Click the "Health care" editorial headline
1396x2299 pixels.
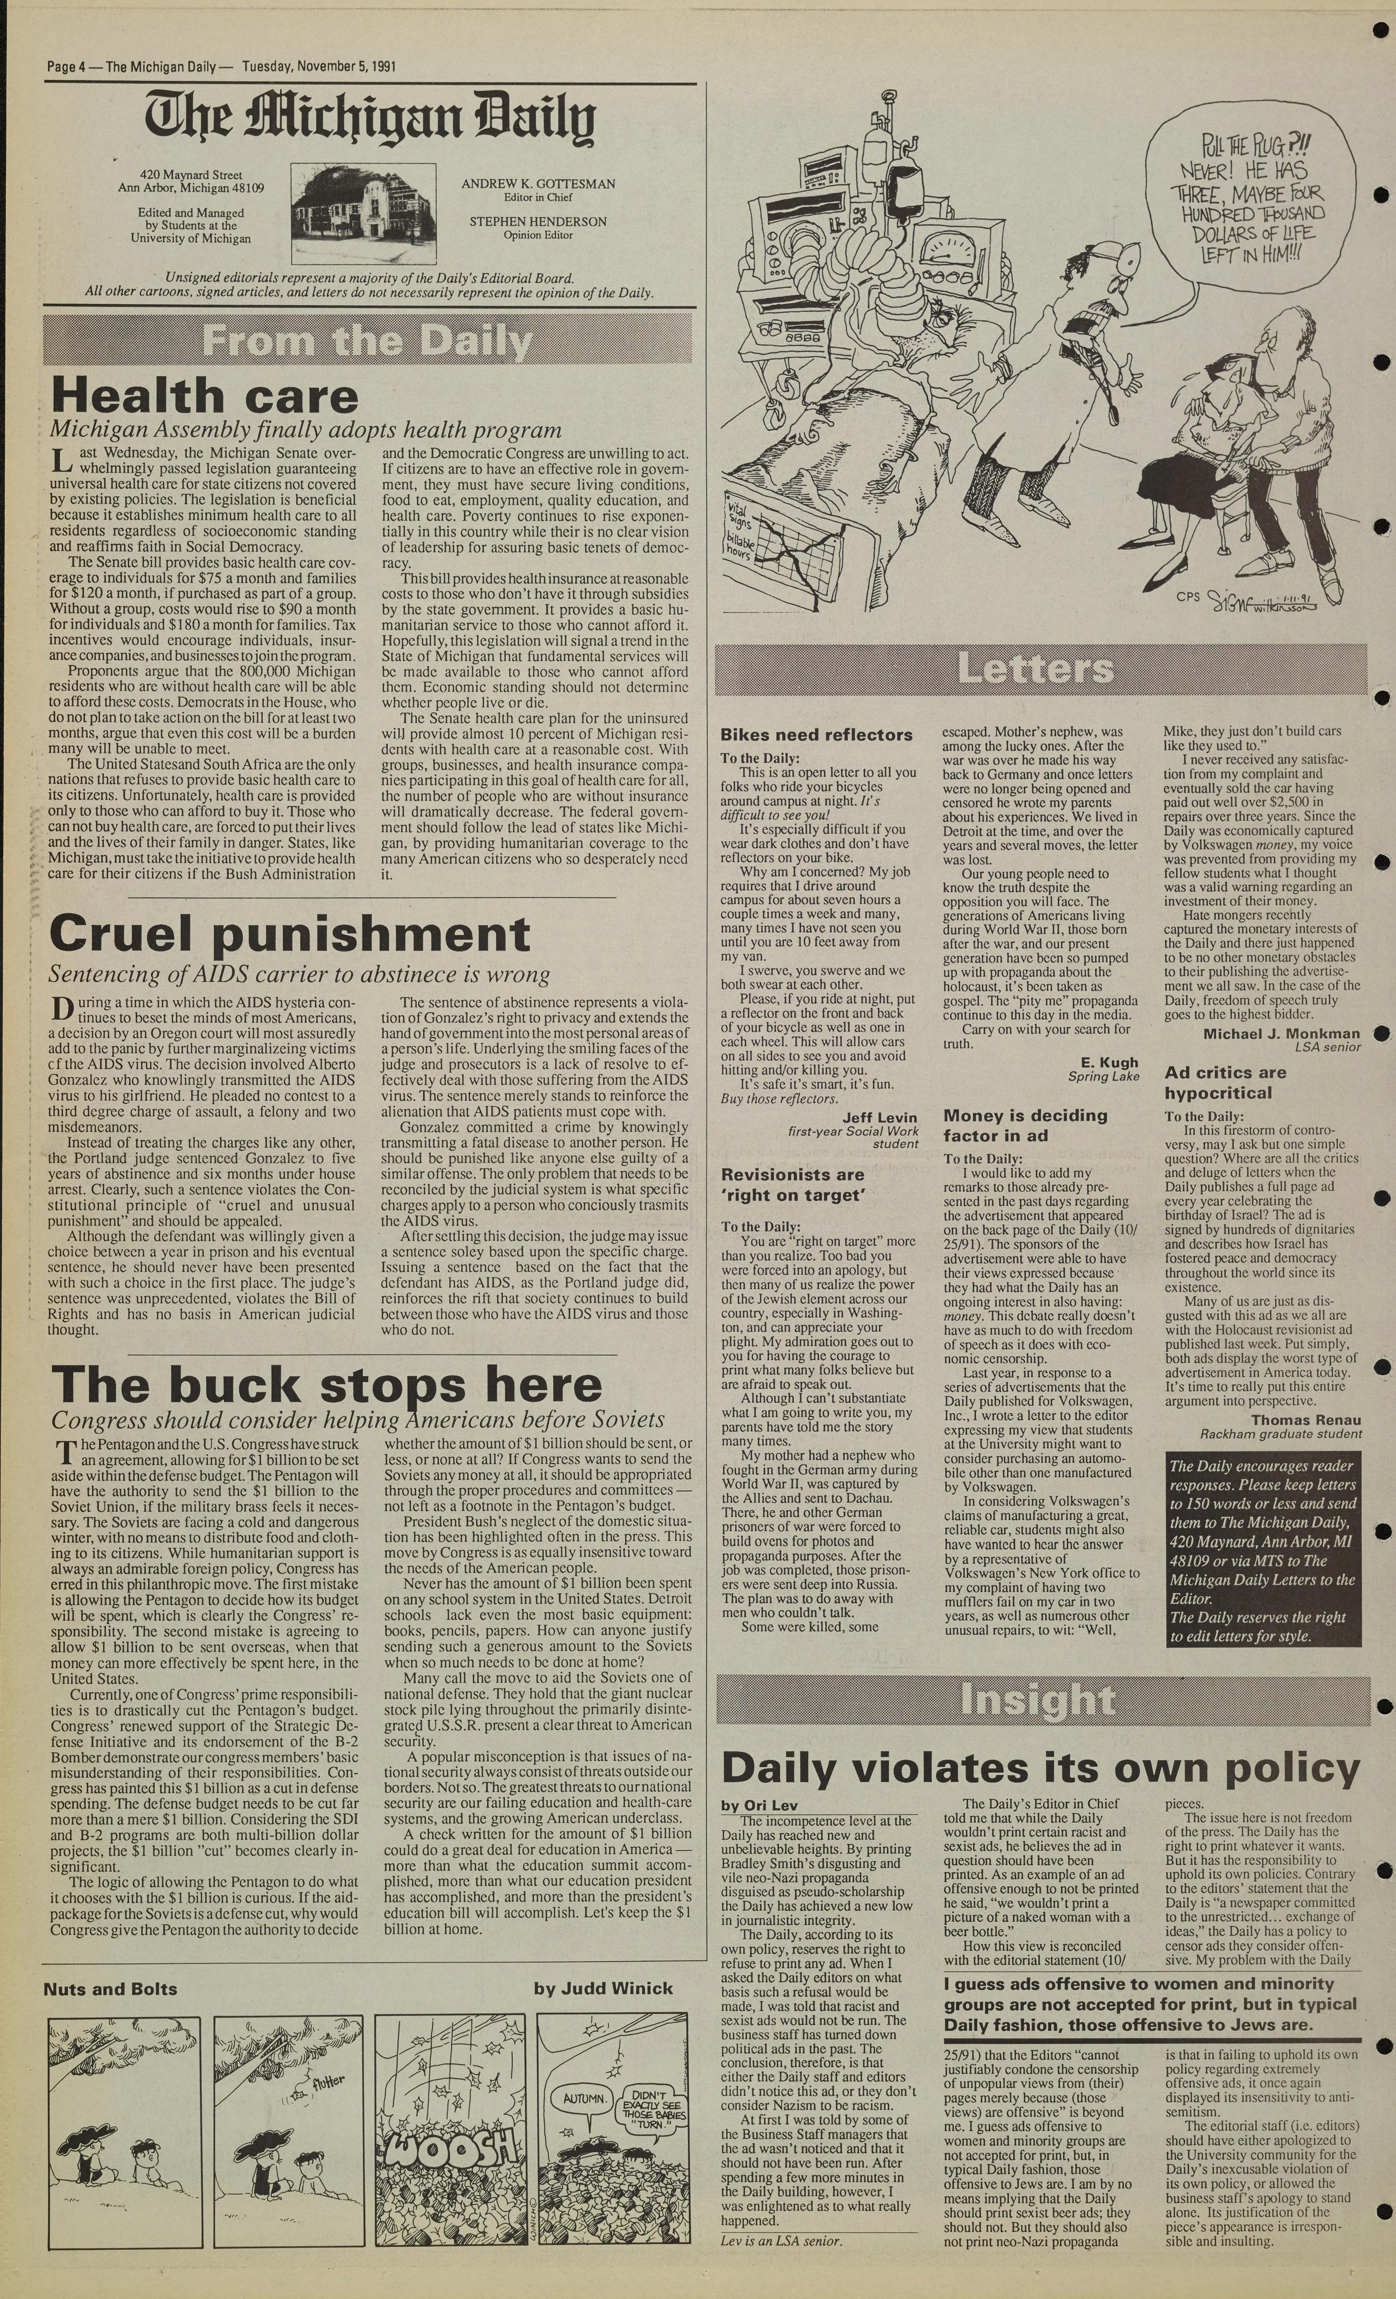pos(204,395)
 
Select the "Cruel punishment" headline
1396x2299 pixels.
pos(289,934)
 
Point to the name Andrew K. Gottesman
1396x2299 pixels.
pos(537,184)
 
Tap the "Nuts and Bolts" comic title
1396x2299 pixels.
pos(110,1988)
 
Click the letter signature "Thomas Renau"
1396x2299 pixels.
pos(1306,1420)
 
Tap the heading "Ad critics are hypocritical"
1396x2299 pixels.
pos(1224,1082)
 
